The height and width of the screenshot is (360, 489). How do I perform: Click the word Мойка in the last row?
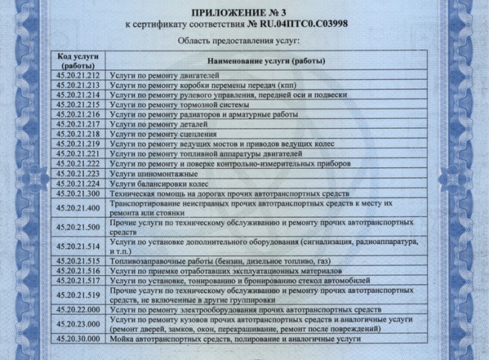(x=120, y=339)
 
